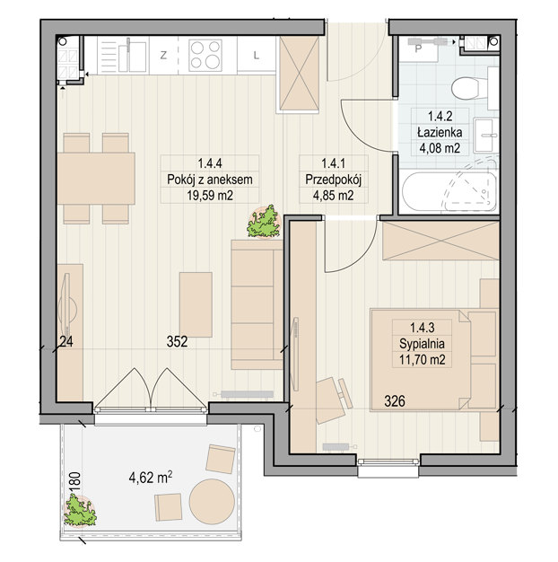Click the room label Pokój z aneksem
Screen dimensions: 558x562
point(210,180)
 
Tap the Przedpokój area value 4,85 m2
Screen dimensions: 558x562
point(334,196)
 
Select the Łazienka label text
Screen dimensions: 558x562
point(440,133)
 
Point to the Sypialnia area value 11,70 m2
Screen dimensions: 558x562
point(423,359)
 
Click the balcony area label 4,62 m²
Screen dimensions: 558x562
point(151,477)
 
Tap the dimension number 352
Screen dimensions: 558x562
point(178,341)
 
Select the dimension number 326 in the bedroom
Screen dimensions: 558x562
point(395,401)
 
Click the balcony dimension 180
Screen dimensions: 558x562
point(76,484)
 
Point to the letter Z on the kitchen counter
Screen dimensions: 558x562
point(163,56)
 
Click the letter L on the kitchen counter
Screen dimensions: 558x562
point(256,56)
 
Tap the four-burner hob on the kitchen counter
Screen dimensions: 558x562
point(205,55)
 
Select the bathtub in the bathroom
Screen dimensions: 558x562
point(449,192)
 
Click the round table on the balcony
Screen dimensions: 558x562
point(212,502)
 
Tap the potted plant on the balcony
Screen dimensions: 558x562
point(80,511)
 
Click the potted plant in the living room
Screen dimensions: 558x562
point(264,222)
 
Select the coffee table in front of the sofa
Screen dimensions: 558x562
point(196,304)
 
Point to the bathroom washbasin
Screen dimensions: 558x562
point(485,136)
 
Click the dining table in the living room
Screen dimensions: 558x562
point(96,179)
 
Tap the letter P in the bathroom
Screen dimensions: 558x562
point(418,48)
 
